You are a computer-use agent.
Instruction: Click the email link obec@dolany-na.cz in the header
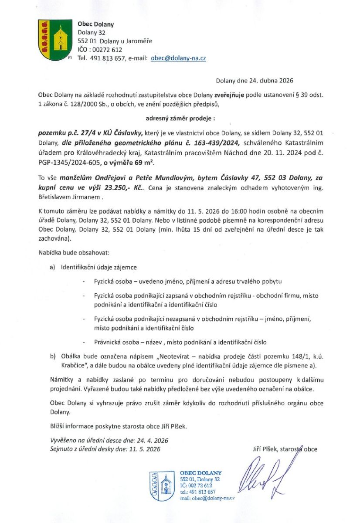tap(178, 58)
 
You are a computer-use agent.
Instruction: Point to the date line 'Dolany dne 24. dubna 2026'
tap(255, 81)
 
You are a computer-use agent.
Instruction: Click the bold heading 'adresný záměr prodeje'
tap(180, 118)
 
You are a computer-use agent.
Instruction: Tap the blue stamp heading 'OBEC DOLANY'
tap(200, 473)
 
